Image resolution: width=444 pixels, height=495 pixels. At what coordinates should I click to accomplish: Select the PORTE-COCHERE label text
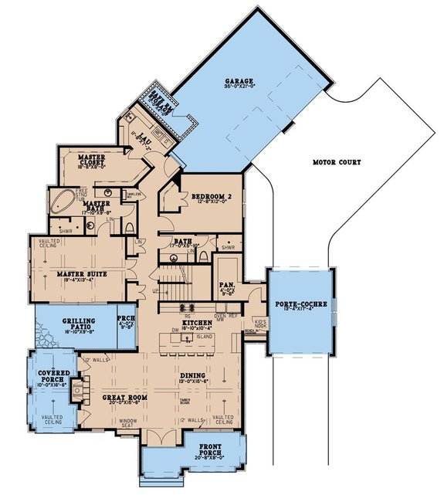tap(301, 304)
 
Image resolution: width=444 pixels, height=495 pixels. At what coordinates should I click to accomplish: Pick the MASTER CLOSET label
tap(92, 159)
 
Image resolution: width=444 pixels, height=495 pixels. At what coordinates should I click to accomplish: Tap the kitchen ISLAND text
tap(205, 337)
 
